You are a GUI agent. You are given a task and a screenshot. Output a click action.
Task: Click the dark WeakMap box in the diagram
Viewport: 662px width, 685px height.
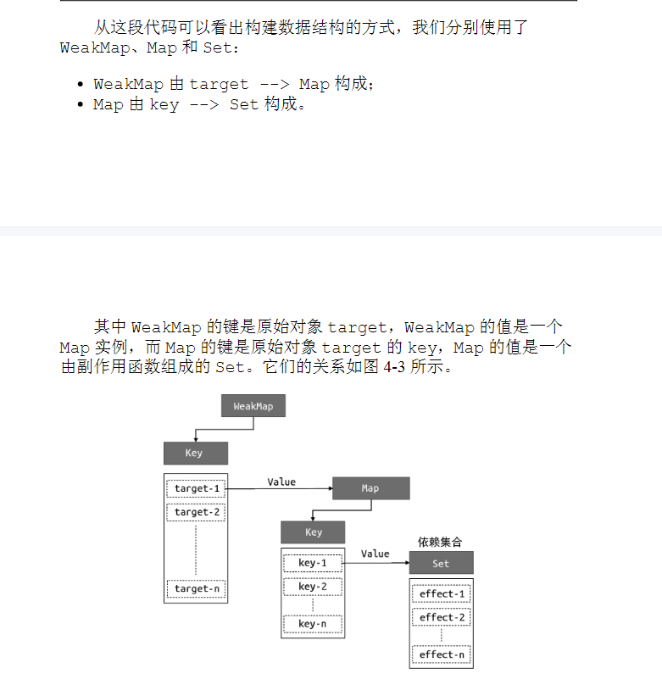pos(253,406)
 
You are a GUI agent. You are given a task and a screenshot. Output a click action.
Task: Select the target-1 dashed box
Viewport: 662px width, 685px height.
pos(196,488)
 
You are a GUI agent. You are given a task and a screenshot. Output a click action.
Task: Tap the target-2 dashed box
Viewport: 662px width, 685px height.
pos(196,512)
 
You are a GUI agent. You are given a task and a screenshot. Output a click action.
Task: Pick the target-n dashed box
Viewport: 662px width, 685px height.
pos(196,588)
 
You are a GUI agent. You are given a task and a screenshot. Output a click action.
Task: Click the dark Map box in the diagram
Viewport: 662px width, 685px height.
pos(371,488)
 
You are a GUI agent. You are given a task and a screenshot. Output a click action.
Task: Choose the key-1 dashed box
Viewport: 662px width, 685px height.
pos(313,563)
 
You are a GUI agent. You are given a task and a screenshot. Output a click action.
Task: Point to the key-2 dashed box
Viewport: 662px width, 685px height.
pos(313,587)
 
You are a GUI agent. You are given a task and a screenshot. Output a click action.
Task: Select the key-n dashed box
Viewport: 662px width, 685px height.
pos(313,624)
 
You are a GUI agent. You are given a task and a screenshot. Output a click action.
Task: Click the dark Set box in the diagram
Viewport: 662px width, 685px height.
pos(441,563)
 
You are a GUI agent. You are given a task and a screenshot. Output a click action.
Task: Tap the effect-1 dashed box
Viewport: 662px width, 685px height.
pos(442,593)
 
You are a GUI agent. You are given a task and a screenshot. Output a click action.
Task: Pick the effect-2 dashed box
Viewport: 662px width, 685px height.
pos(442,617)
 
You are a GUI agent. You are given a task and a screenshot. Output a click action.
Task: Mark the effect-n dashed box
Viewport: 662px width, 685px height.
pos(442,654)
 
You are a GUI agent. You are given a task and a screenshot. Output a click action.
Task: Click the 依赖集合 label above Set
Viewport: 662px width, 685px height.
pos(440,542)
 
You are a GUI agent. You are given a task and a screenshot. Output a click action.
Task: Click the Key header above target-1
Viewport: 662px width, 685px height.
pos(196,453)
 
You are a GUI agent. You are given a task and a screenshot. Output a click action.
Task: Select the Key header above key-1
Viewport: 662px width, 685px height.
pos(313,532)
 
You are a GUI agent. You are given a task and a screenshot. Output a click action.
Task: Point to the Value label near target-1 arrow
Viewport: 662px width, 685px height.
pos(281,482)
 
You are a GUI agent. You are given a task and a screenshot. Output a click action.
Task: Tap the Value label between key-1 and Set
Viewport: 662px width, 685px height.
pos(376,554)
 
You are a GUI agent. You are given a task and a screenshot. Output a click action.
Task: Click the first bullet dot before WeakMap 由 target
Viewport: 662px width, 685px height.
pos(80,84)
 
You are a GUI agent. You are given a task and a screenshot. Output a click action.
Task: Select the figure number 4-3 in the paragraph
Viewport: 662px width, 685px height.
pos(394,366)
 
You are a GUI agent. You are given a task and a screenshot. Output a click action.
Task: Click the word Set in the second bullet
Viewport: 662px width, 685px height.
pos(244,105)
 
